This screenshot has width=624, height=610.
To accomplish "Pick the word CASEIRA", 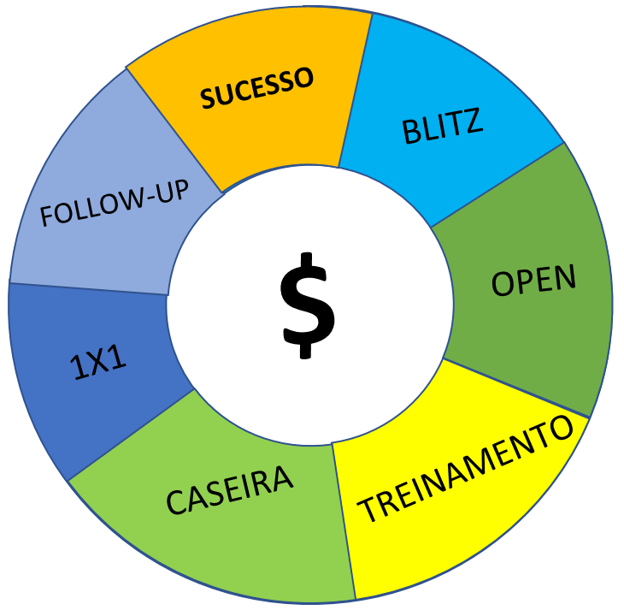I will coord(230,491).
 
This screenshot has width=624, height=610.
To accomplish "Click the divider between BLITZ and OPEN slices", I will coord(497,185).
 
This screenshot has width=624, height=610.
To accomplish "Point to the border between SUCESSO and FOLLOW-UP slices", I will coord(175,128).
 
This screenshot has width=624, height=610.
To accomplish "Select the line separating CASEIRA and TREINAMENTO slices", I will coord(343,521).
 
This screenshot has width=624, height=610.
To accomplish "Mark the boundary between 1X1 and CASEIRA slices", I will coord(132,434).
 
